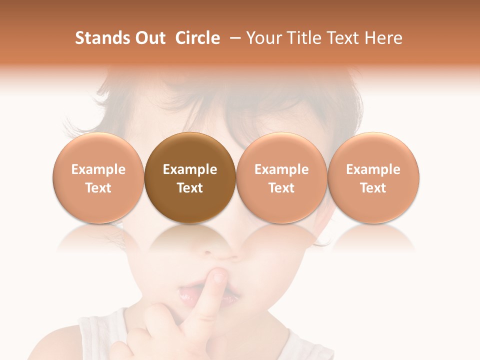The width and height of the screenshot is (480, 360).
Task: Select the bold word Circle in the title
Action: [197, 38]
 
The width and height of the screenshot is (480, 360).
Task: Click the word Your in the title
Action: [264, 38]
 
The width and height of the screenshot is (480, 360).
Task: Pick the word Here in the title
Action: [382, 38]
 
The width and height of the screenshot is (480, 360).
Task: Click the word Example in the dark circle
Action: [190, 169]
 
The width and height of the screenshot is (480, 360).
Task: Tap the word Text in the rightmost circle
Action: [373, 188]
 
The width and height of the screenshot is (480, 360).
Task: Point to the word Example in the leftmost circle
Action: [98, 169]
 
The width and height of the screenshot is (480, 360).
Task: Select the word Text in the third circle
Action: [281, 188]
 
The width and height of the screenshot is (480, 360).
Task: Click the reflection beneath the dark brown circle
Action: [190, 238]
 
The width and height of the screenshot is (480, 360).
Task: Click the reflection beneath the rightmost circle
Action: [373, 238]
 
